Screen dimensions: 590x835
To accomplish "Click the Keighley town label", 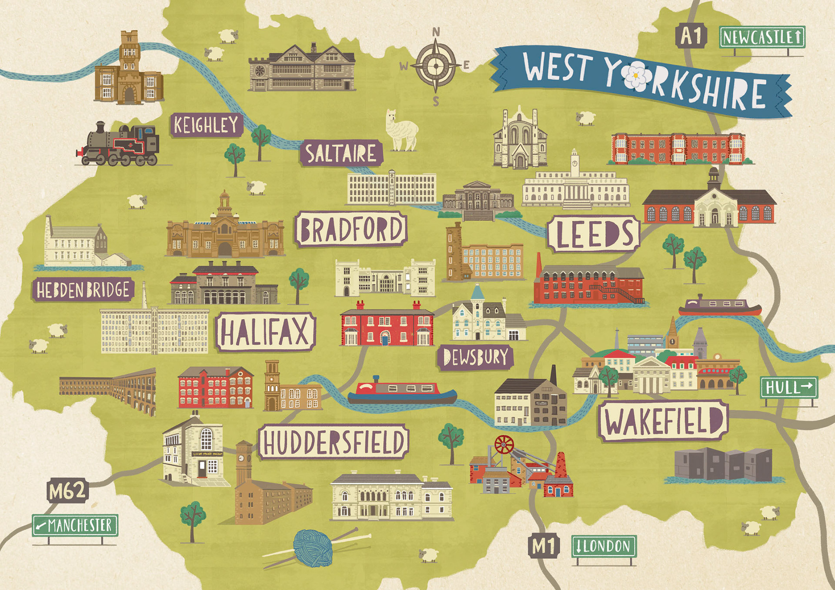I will [x=206, y=125].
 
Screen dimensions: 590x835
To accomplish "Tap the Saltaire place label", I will [x=341, y=153].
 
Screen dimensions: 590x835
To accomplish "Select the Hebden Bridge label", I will [x=83, y=290].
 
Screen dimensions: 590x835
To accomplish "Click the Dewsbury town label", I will [x=475, y=357].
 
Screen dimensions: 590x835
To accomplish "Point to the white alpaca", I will [x=401, y=131].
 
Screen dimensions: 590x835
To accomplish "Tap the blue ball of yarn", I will [x=313, y=547].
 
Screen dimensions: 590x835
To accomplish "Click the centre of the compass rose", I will [x=436, y=67].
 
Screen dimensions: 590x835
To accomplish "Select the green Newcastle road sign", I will [x=762, y=37].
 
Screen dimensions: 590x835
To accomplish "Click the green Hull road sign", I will [x=788, y=387].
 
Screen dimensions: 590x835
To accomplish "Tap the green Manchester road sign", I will [x=75, y=525].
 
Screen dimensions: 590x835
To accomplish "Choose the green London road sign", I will [x=604, y=546].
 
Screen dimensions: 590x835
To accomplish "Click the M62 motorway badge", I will [x=67, y=491].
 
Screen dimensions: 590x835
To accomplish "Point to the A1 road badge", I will [x=691, y=36].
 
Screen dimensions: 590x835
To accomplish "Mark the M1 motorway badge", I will [x=544, y=546].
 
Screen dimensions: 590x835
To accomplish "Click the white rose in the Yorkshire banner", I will [x=635, y=77].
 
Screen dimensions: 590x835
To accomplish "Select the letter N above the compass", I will [x=436, y=32].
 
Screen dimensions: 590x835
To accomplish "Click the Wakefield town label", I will [x=663, y=420].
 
